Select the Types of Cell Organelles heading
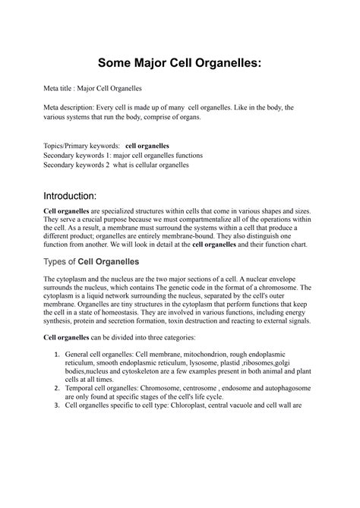point(92,262)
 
